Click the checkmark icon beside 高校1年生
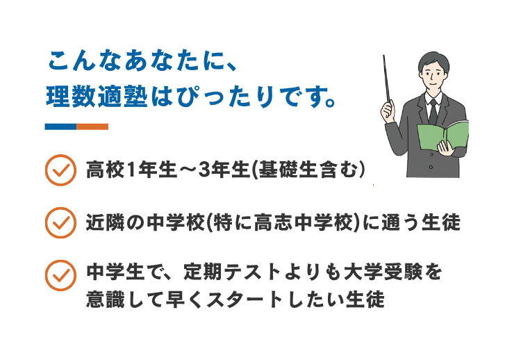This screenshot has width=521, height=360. [x=60, y=170]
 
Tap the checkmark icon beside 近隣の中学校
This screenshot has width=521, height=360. [x=60, y=222]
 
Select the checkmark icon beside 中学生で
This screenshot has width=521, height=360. [x=60, y=276]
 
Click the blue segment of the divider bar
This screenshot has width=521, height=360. [x=61, y=126]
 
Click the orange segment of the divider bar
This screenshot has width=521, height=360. [x=92, y=126]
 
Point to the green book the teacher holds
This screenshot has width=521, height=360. [x=443, y=136]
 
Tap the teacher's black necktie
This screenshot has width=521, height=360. [x=433, y=112]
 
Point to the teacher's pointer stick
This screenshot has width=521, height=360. [x=386, y=80]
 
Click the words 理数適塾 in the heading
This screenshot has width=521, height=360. [x=97, y=96]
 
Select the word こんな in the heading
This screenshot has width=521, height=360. [x=86, y=60]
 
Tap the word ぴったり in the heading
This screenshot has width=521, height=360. [x=226, y=97]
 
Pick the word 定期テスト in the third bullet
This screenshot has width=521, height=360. [x=232, y=272]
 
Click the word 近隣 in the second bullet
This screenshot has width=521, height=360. [x=105, y=222]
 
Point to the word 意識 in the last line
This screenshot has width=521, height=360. [x=105, y=300]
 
